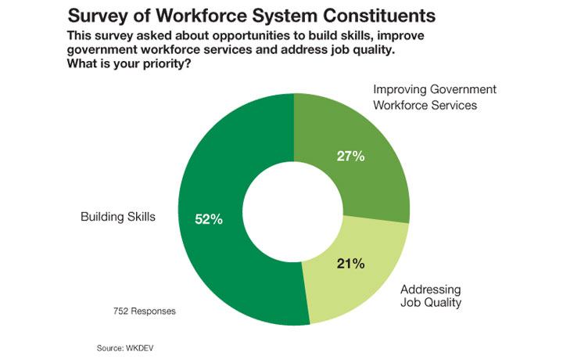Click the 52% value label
[x=209, y=219]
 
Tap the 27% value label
[x=351, y=156]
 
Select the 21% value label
[x=351, y=263]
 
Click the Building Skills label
[x=118, y=216]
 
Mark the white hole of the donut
[x=294, y=211]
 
